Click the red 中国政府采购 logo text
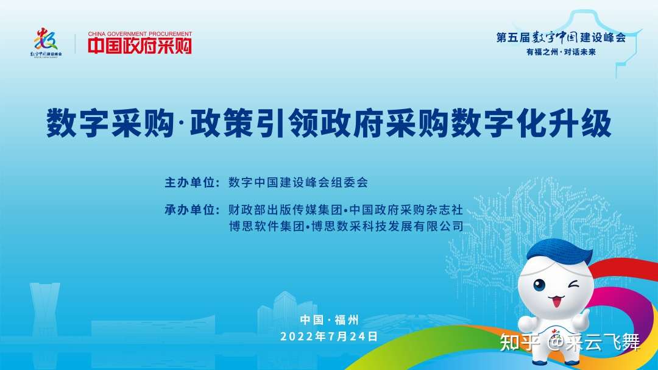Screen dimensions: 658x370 point(140,46)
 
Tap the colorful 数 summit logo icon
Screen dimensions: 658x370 point(46,39)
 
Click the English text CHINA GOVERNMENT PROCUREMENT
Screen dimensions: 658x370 point(140,34)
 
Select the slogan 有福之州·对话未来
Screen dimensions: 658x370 point(561,52)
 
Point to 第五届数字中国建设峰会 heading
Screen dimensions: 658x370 point(561,37)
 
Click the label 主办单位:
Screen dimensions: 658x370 point(192,183)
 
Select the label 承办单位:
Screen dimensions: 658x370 point(192,210)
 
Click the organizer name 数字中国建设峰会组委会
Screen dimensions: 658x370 point(298,183)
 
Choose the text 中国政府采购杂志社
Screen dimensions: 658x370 point(406,210)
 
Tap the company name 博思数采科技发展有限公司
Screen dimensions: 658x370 point(387,226)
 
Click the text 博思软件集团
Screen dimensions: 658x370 point(266,226)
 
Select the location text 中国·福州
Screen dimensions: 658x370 point(329,320)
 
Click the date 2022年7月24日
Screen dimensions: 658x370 point(329,336)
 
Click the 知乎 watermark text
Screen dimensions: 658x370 point(520,343)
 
